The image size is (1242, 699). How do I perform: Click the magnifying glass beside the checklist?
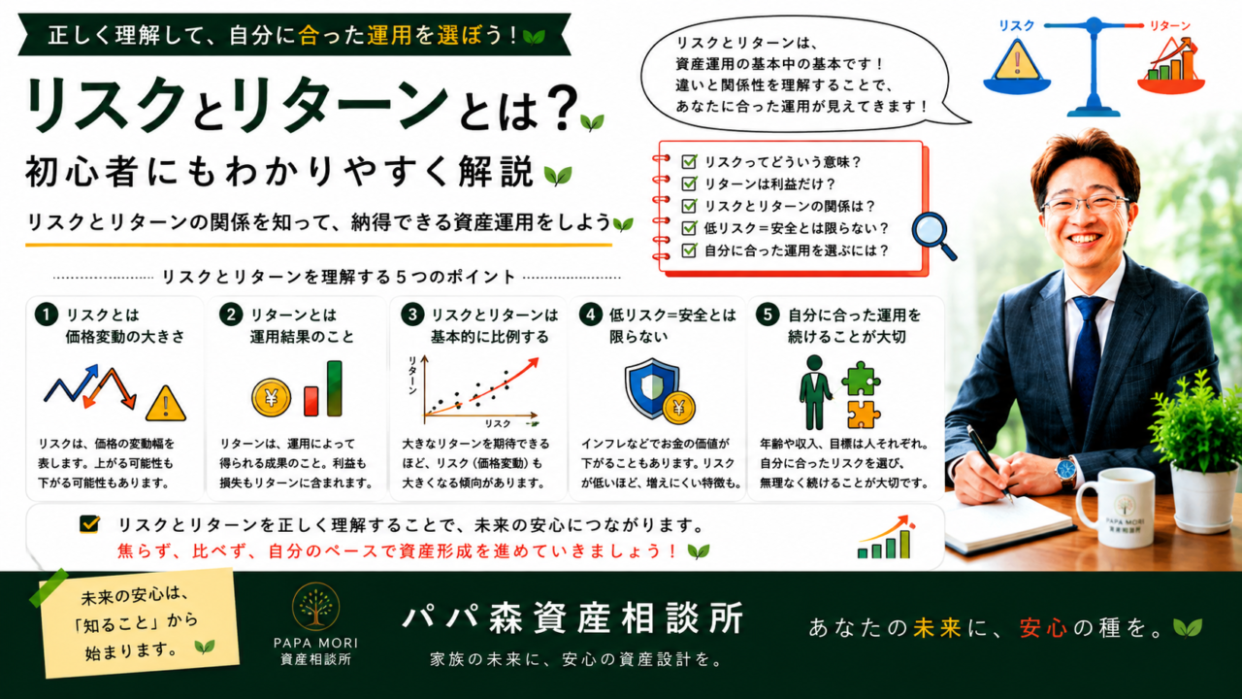pyautogui.click(x=933, y=236)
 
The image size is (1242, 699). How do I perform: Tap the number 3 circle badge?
pyautogui.click(x=412, y=316)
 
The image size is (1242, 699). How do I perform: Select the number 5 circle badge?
pyautogui.click(x=768, y=316)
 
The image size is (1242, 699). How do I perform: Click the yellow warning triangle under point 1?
pyautogui.click(x=166, y=403)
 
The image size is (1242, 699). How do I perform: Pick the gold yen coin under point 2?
pyautogui.click(x=271, y=397)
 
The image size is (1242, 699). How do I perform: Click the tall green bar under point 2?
pyautogui.click(x=335, y=387)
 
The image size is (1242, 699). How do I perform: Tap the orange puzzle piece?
pyautogui.click(x=863, y=415)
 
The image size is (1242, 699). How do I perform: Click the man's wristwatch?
pyautogui.click(x=1065, y=471)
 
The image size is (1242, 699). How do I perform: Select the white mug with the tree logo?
pyautogui.click(x=1116, y=507)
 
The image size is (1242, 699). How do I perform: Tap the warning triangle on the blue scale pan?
pyautogui.click(x=1017, y=61)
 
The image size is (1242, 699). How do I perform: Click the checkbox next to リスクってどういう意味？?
pyautogui.click(x=689, y=161)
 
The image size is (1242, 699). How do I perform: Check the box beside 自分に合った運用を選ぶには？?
pyautogui.click(x=689, y=250)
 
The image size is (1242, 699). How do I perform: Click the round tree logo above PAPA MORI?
pyautogui.click(x=315, y=607)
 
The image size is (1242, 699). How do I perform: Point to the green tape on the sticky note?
pyautogui.click(x=49, y=587)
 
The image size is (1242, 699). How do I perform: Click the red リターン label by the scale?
pyautogui.click(x=1169, y=25)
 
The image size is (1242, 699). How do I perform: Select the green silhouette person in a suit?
pyautogui.click(x=814, y=392)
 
